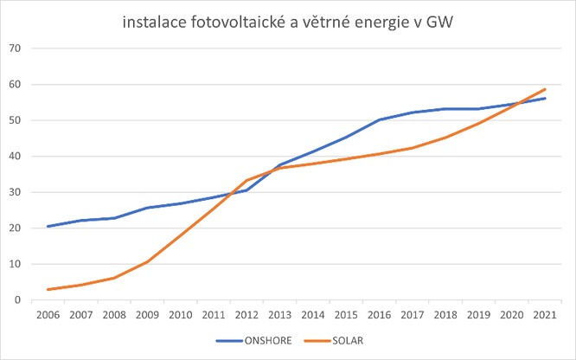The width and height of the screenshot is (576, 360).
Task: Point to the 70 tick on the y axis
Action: (x=14, y=48)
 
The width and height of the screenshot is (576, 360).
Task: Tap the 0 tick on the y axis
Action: (x=16, y=300)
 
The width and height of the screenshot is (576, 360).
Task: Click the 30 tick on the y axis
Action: (x=14, y=192)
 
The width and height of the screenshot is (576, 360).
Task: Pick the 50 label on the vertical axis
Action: (x=14, y=120)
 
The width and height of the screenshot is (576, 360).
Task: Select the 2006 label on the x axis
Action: (x=49, y=316)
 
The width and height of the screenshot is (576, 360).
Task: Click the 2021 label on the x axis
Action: (x=545, y=316)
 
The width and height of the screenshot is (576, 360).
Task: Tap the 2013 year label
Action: (x=280, y=316)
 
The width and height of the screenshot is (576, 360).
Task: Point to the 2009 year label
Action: (x=148, y=316)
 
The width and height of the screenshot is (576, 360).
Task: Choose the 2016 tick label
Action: (x=380, y=316)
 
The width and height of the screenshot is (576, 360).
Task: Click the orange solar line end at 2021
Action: (x=545, y=89)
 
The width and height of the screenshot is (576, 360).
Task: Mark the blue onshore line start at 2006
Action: (x=49, y=227)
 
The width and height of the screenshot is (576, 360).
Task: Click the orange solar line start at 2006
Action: (x=49, y=290)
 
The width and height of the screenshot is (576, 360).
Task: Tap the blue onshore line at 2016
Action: (x=380, y=120)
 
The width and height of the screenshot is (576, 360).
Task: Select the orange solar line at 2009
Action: (x=148, y=261)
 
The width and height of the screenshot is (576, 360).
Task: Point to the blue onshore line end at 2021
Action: (x=545, y=99)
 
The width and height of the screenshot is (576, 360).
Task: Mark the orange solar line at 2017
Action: (x=413, y=148)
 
